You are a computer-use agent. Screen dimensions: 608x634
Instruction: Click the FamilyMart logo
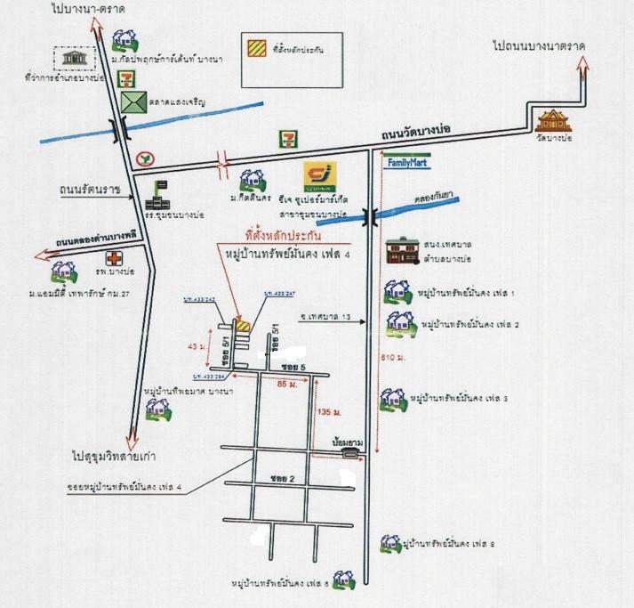pos(405,163)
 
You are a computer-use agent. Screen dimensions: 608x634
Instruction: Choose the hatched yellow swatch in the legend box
pos(254,50)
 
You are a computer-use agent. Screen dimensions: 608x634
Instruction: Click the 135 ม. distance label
pos(327,411)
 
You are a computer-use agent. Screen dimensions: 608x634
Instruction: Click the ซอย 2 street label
pos(281,478)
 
